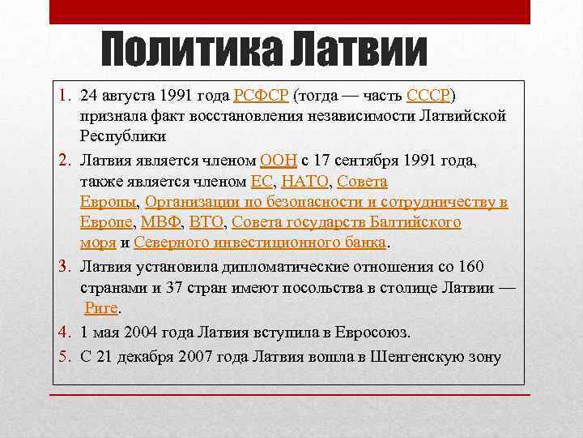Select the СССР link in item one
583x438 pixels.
pyautogui.click(x=433, y=95)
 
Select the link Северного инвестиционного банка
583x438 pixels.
pyautogui.click(x=262, y=242)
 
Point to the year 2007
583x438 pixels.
pyautogui.click(x=189, y=354)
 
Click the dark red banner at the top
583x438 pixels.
pyautogui.click(x=289, y=11)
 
